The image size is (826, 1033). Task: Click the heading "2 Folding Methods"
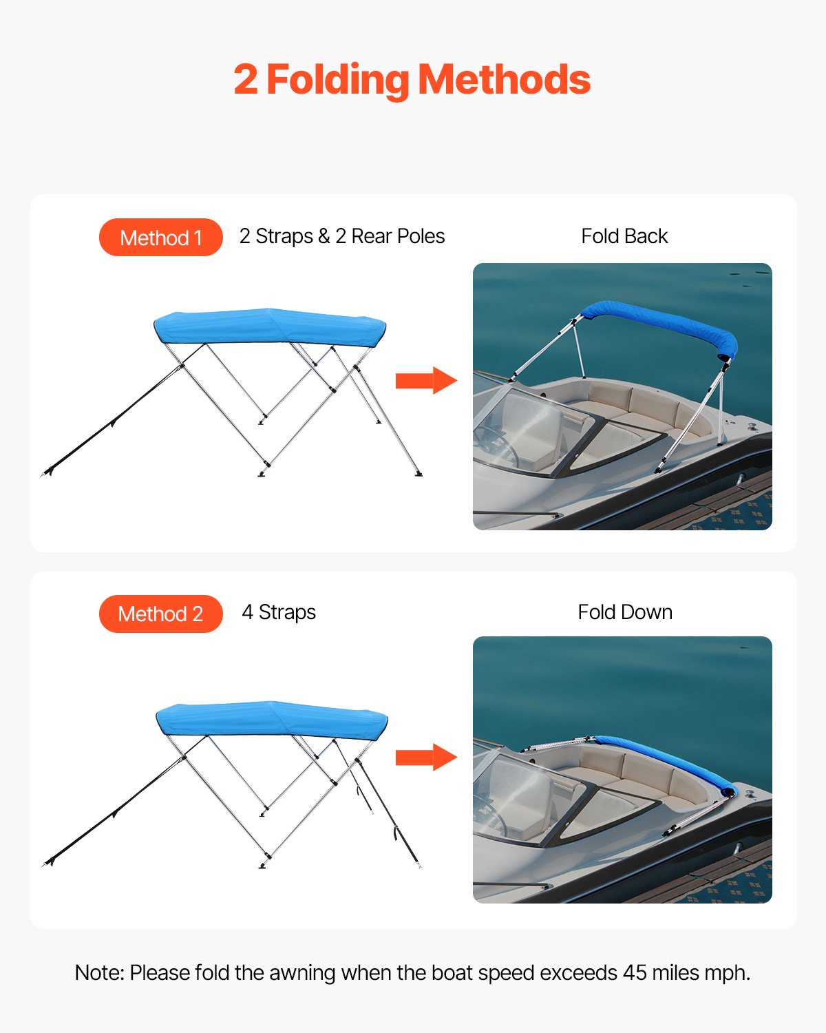412,80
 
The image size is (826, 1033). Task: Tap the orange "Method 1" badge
161,238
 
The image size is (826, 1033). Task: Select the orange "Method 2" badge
161,614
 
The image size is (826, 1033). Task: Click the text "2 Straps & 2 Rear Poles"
341,236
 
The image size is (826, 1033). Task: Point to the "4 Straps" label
279,612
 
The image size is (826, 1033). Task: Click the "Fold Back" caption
624,236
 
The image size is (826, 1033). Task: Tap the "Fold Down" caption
624,612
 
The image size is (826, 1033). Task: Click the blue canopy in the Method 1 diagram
268,326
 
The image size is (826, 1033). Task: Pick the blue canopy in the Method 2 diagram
271,720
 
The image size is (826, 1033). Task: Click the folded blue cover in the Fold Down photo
668,762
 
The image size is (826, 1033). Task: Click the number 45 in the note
635,973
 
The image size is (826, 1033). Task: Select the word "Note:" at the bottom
99,973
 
